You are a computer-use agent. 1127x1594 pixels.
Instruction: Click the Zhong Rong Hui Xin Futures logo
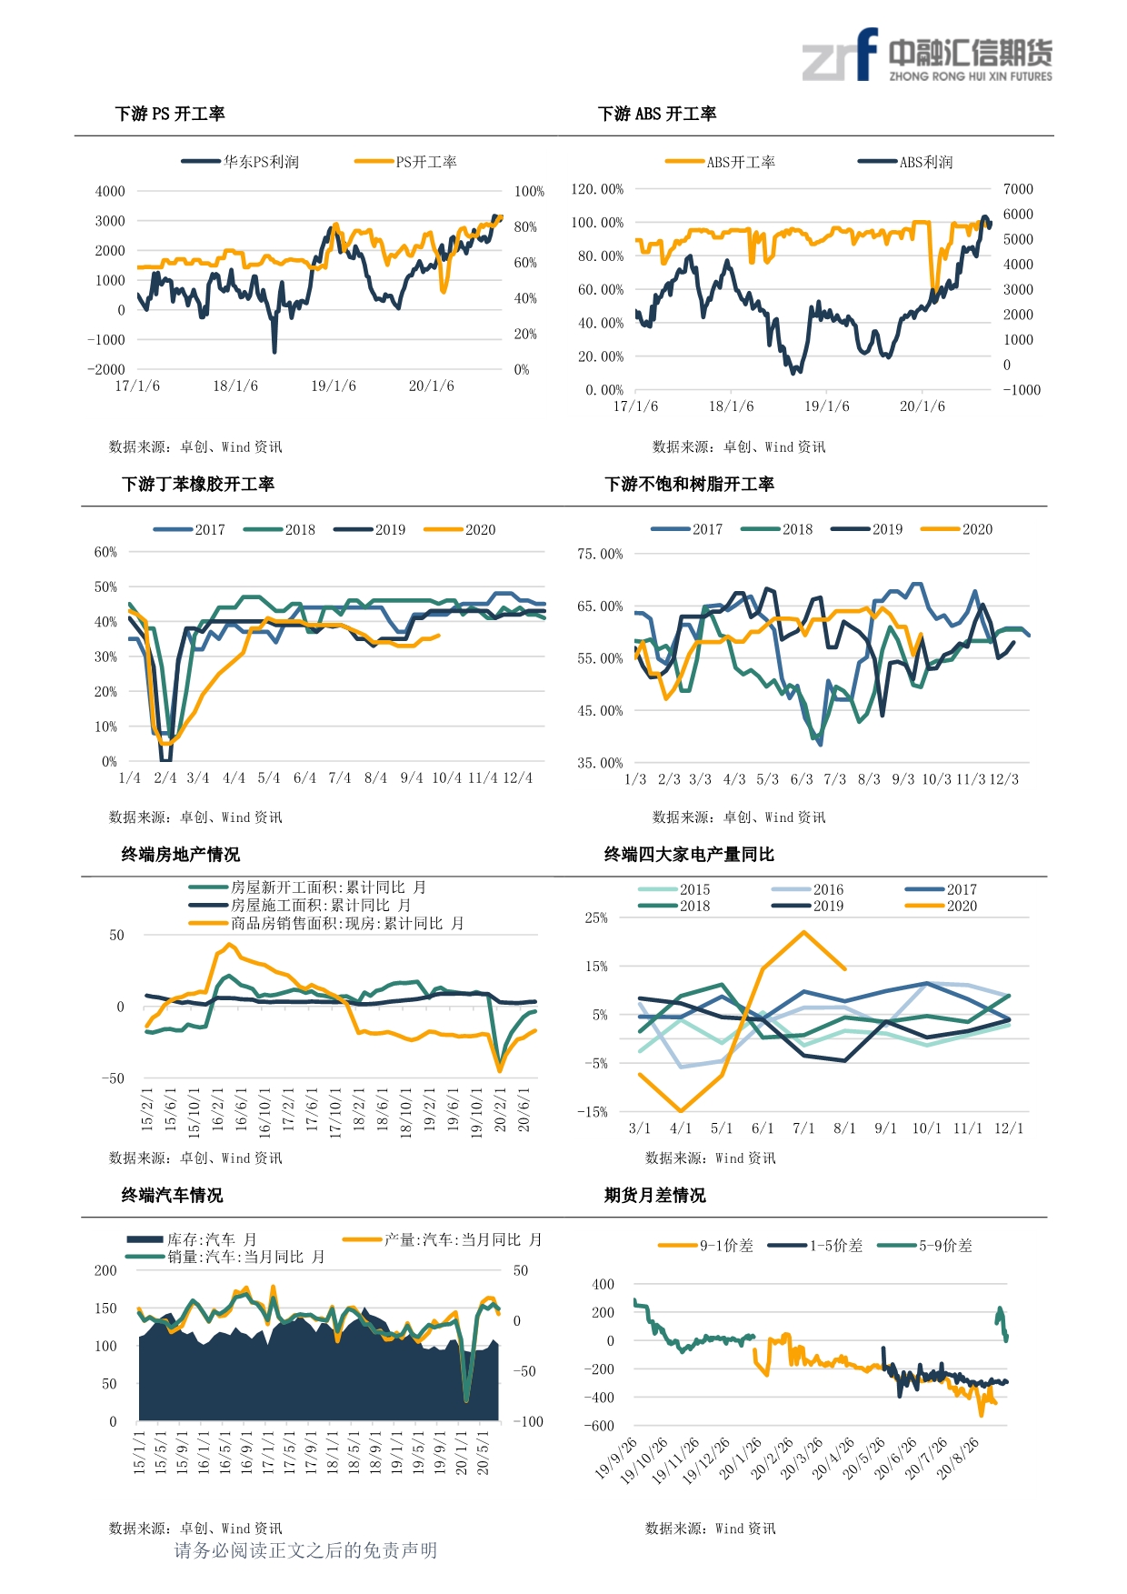click(x=926, y=56)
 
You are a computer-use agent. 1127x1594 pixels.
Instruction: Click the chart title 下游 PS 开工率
click(x=170, y=114)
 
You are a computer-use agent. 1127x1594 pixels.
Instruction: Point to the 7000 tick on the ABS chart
click(x=1018, y=189)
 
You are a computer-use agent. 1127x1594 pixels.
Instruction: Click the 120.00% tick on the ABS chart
click(x=597, y=189)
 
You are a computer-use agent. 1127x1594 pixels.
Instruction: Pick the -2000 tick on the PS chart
click(x=106, y=369)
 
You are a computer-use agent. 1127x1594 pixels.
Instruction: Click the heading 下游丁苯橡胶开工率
click(x=198, y=484)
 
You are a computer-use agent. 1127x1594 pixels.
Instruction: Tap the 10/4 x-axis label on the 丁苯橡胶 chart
click(x=446, y=778)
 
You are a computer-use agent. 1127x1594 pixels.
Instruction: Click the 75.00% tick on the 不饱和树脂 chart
click(x=600, y=554)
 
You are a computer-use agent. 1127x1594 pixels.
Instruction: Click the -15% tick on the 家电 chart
click(x=592, y=1112)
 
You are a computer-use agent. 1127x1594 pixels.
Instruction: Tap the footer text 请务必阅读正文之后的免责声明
click(x=305, y=1550)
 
